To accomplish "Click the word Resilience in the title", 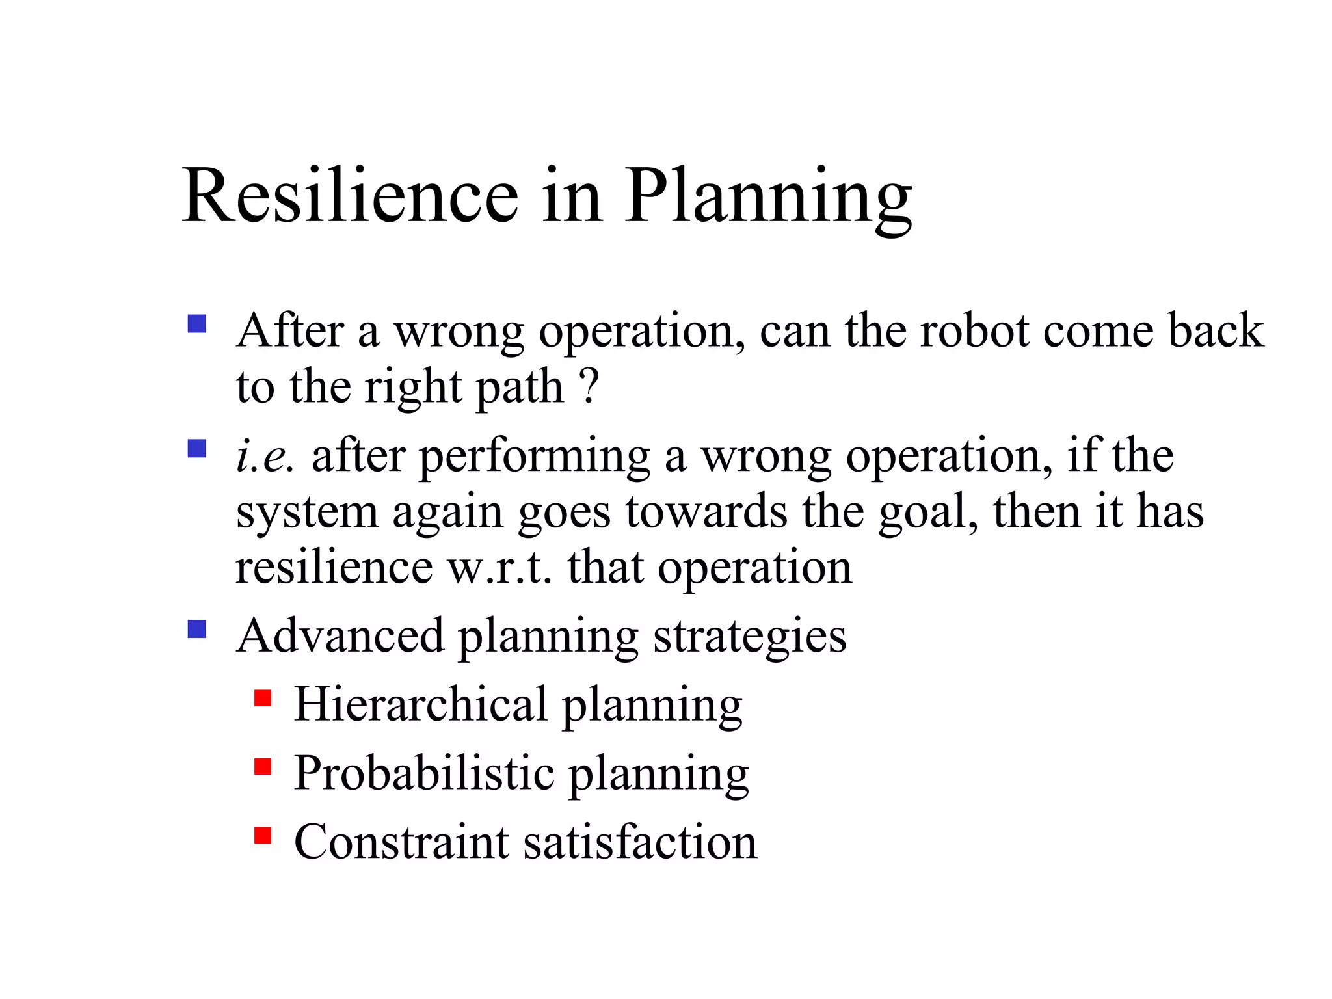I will click(350, 196).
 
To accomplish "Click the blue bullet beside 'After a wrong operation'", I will click(196, 324).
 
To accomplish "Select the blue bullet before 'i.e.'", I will click(196, 449).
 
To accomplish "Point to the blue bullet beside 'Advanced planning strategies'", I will click(196, 629).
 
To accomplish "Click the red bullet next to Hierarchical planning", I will click(263, 699).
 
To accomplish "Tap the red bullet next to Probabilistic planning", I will click(263, 767).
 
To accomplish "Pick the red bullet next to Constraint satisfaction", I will click(263, 835).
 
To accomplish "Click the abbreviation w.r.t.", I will click(499, 568).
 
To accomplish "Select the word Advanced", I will click(340, 635).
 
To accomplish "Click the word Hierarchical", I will click(420, 704).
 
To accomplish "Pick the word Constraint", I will click(401, 842).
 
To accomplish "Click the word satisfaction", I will click(640, 842).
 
